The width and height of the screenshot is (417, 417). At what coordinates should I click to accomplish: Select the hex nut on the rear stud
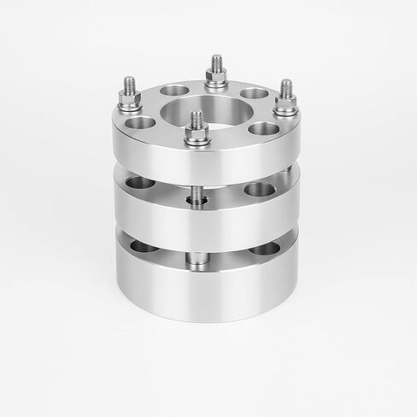(x=214, y=80)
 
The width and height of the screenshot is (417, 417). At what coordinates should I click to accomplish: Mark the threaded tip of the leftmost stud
(x=130, y=84)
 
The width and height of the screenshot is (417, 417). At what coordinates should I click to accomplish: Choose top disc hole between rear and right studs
(x=253, y=93)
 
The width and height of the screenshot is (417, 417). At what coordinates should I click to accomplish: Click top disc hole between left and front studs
(x=142, y=123)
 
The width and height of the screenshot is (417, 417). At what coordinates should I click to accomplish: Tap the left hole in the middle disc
(x=141, y=182)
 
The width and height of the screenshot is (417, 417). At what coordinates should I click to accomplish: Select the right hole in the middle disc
(x=259, y=189)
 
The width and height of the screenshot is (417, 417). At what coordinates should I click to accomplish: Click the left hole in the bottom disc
(x=144, y=247)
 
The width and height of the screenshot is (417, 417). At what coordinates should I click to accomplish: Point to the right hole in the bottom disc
(x=264, y=248)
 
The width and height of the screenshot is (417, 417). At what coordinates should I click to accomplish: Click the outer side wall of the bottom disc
(x=205, y=295)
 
